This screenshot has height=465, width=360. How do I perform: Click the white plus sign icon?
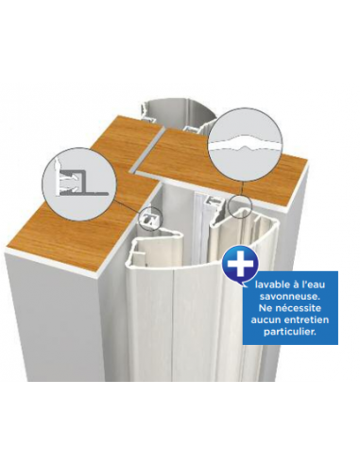click(x=241, y=265)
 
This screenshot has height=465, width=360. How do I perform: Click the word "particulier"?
click(x=289, y=332)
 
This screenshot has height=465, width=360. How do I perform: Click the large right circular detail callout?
click(x=246, y=146)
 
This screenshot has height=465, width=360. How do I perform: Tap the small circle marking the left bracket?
click(x=150, y=216)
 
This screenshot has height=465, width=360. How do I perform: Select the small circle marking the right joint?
click(x=240, y=205)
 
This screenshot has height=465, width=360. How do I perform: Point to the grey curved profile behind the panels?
click(x=179, y=115)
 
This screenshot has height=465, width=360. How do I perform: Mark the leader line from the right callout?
click(x=241, y=189)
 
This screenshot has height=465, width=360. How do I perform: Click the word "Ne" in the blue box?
click(x=265, y=307)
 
